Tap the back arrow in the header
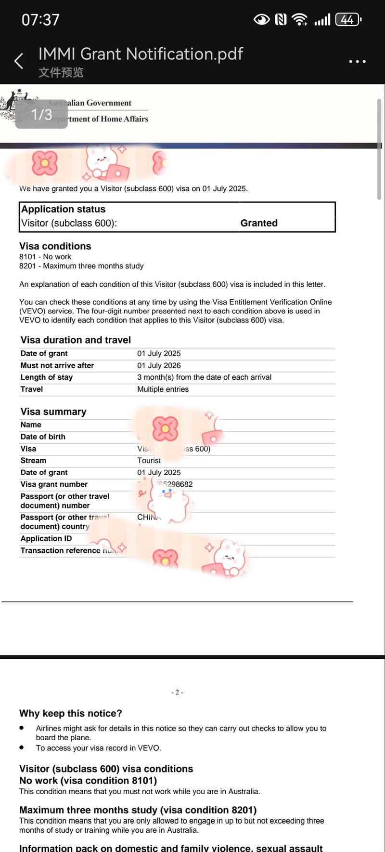click(x=19, y=61)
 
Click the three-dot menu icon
click(x=357, y=61)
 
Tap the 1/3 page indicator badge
click(x=41, y=114)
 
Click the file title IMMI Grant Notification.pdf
click(x=141, y=53)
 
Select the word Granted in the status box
click(x=259, y=223)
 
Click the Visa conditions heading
click(x=55, y=246)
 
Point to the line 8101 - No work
click(x=45, y=257)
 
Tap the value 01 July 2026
click(x=159, y=365)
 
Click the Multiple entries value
click(x=163, y=389)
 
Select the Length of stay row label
click(x=46, y=377)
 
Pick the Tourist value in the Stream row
click(x=149, y=460)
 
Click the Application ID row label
click(x=46, y=538)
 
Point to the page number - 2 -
click(x=177, y=692)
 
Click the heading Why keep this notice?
click(x=70, y=713)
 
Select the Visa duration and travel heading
click(x=76, y=340)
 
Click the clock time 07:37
click(x=40, y=20)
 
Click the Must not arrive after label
click(x=57, y=365)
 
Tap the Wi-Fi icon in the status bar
click(x=299, y=20)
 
